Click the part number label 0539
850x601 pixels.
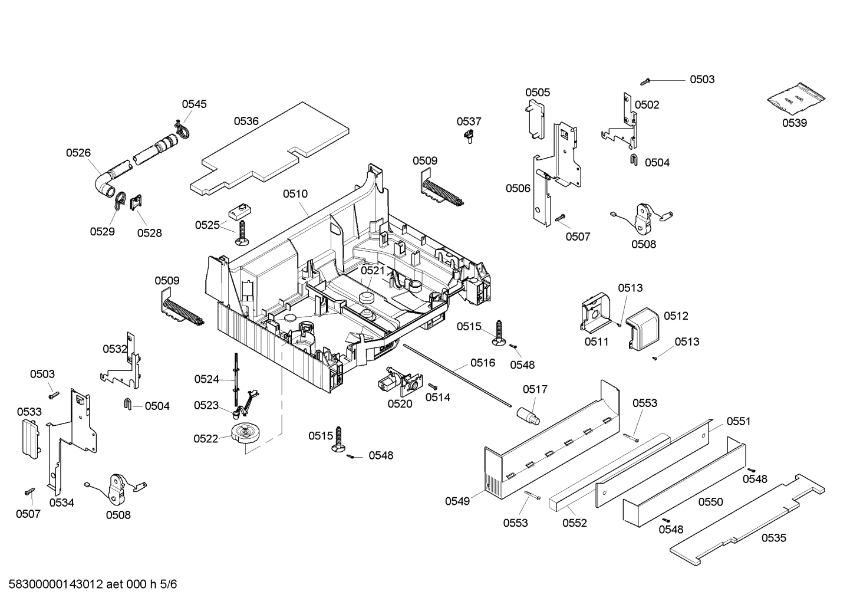(x=794, y=123)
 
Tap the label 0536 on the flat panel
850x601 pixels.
(x=246, y=121)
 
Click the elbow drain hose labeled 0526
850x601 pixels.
(x=106, y=180)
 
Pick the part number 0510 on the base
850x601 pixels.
(x=295, y=193)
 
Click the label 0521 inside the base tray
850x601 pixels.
(x=373, y=270)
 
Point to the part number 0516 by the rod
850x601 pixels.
(x=482, y=363)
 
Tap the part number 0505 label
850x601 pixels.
(x=538, y=92)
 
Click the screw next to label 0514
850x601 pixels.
(x=431, y=386)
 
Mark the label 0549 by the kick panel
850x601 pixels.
(x=457, y=501)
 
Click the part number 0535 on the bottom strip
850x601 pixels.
(x=773, y=537)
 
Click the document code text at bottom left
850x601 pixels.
(x=89, y=584)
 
